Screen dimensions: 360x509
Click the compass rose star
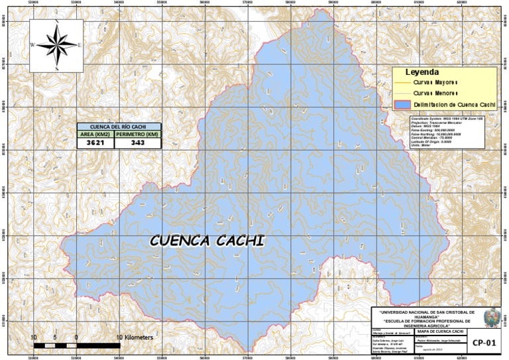[57, 45]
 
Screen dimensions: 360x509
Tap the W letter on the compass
[32, 45]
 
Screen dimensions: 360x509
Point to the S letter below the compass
[57, 68]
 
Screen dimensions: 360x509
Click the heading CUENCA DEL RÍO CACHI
[119, 126]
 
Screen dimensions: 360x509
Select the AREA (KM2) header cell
[95, 134]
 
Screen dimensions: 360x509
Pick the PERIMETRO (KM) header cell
[138, 134]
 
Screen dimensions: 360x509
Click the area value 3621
[95, 143]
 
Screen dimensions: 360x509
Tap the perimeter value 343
[138, 143]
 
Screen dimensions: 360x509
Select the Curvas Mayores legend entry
[436, 82]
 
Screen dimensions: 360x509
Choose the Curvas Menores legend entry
[436, 93]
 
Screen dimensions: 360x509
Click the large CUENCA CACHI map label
[206, 240]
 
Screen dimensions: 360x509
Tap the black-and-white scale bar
[76, 346]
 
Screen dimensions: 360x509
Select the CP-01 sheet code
[484, 343]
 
